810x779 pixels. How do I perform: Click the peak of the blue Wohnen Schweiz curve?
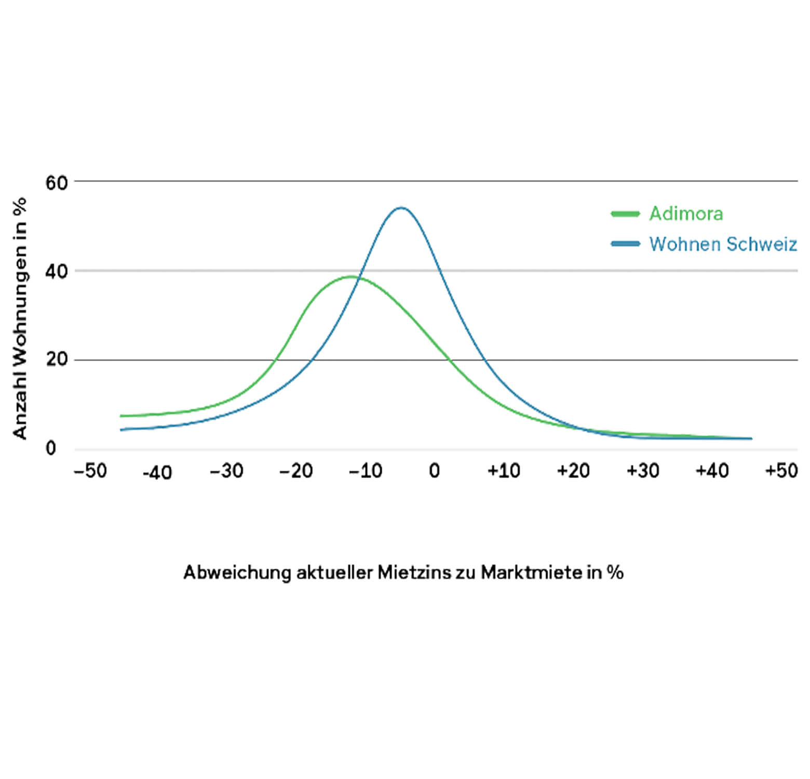tap(401, 208)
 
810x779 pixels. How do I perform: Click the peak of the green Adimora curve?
tap(352, 276)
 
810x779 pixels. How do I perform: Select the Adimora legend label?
tap(686, 214)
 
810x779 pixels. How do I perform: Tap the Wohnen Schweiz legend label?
tap(723, 244)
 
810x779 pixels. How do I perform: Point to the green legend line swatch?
tap(625, 214)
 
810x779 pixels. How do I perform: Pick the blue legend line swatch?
tap(625, 244)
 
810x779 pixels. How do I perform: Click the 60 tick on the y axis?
tap(57, 183)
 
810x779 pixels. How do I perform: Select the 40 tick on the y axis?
tap(57, 272)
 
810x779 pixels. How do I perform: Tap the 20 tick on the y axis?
tap(57, 359)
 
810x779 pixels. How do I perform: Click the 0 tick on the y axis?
tap(51, 448)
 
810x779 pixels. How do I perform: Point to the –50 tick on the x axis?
tap(90, 471)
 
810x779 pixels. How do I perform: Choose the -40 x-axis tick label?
tap(157, 473)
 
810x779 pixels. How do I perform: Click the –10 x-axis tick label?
tap(366, 471)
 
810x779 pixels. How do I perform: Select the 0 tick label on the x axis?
tap(434, 471)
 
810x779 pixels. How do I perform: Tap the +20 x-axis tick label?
tap(573, 471)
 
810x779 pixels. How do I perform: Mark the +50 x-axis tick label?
tap(781, 471)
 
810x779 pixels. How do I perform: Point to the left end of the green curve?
tap(121, 416)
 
